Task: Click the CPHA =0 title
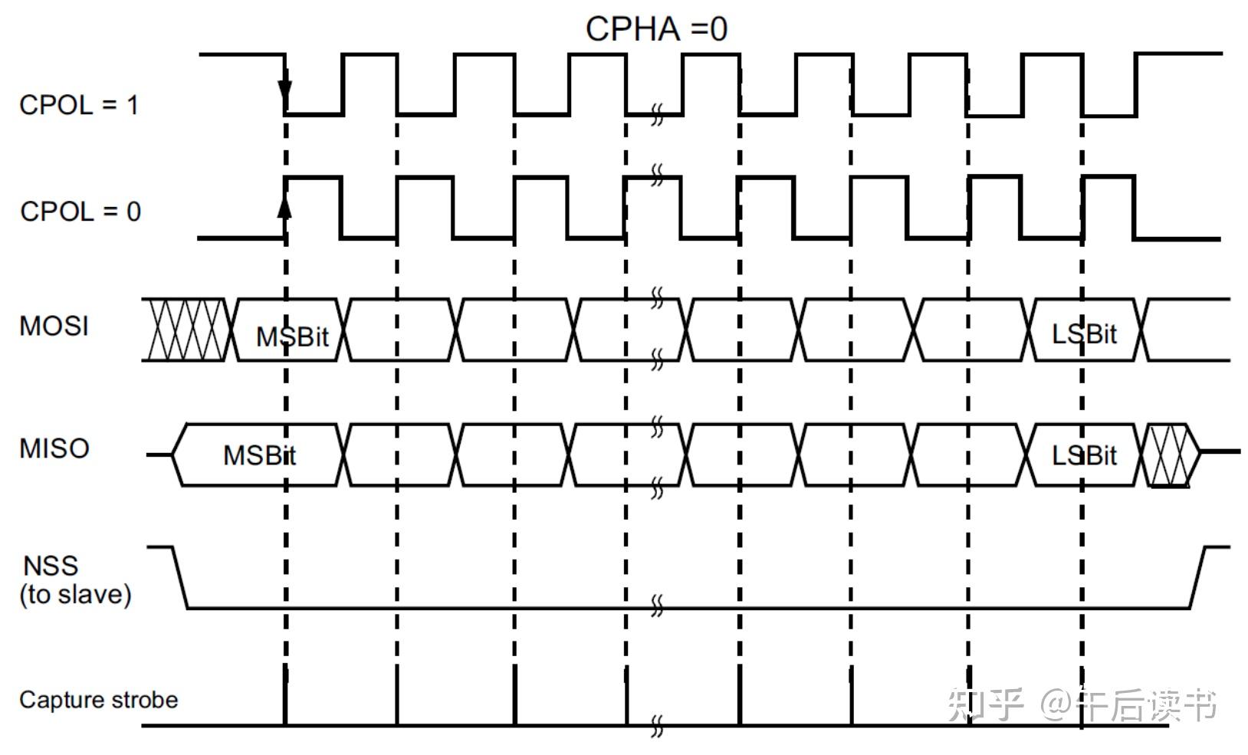point(656,29)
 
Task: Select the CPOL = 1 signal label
point(79,105)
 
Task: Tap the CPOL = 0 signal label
point(80,212)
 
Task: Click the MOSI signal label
point(54,327)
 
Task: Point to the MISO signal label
point(54,448)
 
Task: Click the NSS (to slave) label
point(75,580)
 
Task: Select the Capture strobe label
point(98,700)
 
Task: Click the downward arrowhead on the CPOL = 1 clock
point(285,94)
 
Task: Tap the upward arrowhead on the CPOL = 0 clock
point(285,205)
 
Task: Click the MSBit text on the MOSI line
point(292,336)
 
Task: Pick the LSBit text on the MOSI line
point(1084,334)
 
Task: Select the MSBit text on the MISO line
point(259,455)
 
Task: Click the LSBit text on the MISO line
point(1084,456)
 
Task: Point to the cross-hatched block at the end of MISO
point(1171,455)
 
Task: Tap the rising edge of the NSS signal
point(1198,578)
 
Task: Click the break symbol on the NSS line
point(657,606)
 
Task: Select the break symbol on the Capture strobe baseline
point(657,725)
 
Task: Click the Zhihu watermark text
point(1082,704)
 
